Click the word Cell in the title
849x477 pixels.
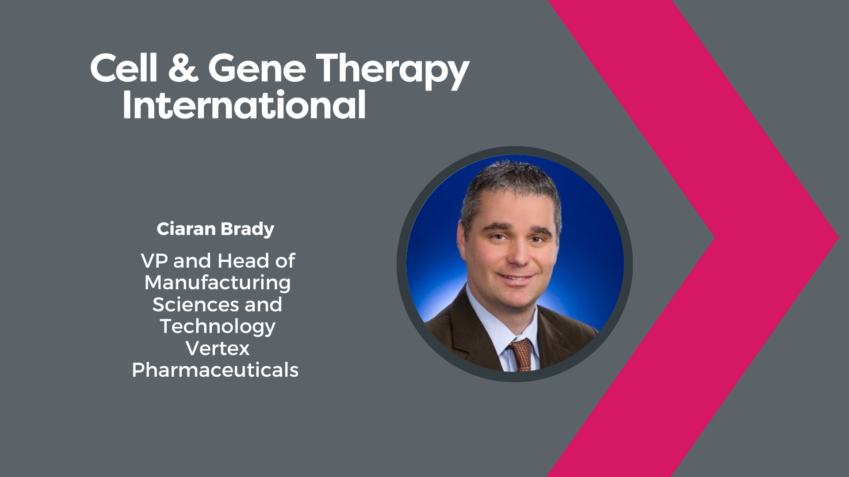[123, 68]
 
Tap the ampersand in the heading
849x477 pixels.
[183, 68]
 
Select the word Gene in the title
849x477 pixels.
[257, 68]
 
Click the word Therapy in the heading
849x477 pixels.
[393, 71]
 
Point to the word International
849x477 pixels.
[244, 105]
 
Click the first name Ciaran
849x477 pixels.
[186, 229]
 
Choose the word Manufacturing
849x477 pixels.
[218, 283]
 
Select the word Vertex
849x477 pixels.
[218, 348]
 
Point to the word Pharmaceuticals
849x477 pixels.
[215, 370]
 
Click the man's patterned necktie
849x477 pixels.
[520, 356]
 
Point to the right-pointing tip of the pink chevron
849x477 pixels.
[839, 238]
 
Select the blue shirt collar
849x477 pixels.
[495, 322]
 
